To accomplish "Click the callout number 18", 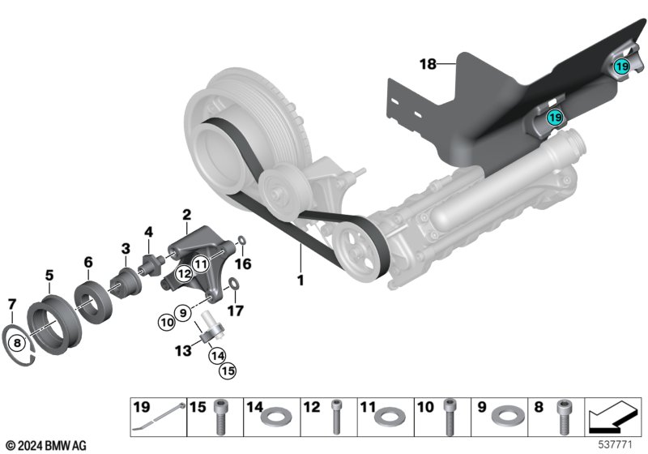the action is click(428, 64).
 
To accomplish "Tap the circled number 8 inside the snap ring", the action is click(17, 343).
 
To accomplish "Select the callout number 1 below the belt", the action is click(301, 280).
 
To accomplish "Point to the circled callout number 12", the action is click(184, 273).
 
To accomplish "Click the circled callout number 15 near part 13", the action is click(228, 370).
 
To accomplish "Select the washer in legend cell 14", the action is click(276, 416).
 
